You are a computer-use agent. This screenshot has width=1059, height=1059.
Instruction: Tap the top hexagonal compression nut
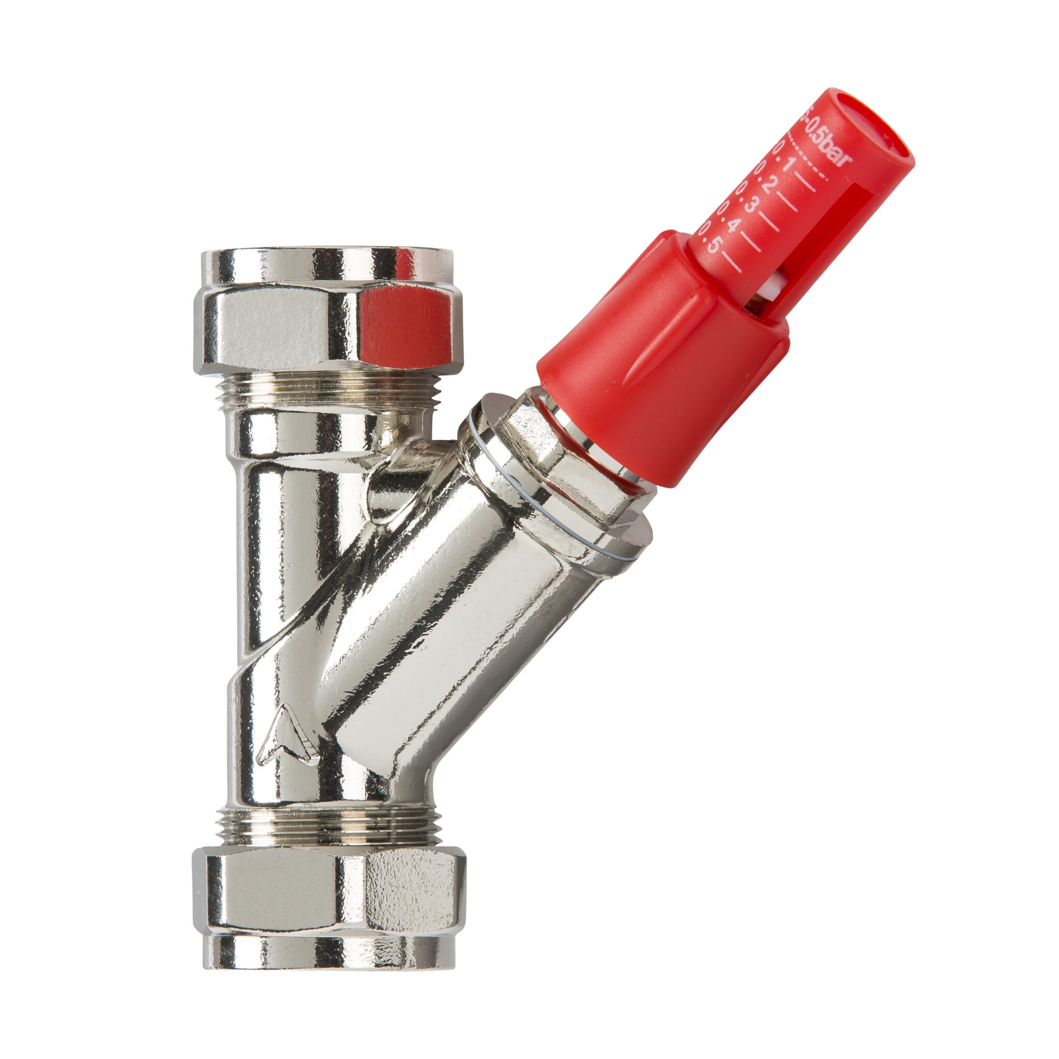(327, 326)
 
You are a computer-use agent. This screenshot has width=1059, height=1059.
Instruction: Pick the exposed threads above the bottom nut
(329, 828)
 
